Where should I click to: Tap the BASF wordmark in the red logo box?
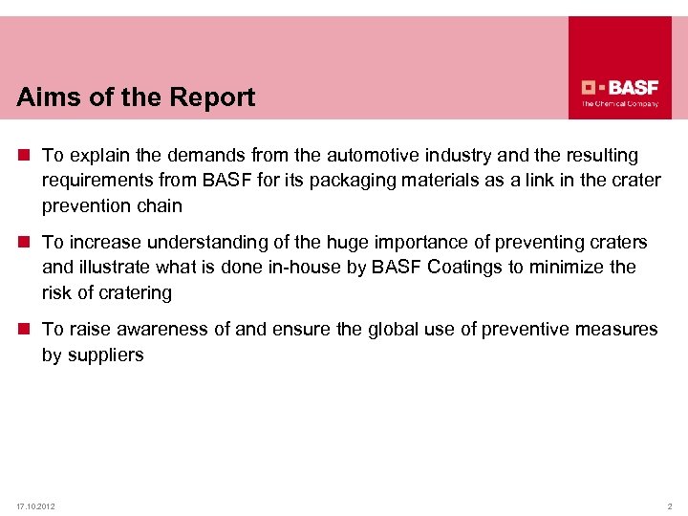click(629, 84)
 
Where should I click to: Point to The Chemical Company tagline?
click(620, 103)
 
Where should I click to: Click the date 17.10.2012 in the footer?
click(35, 505)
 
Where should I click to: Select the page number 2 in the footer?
click(670, 505)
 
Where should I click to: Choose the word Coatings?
click(463, 268)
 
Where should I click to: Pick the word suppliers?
click(105, 355)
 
